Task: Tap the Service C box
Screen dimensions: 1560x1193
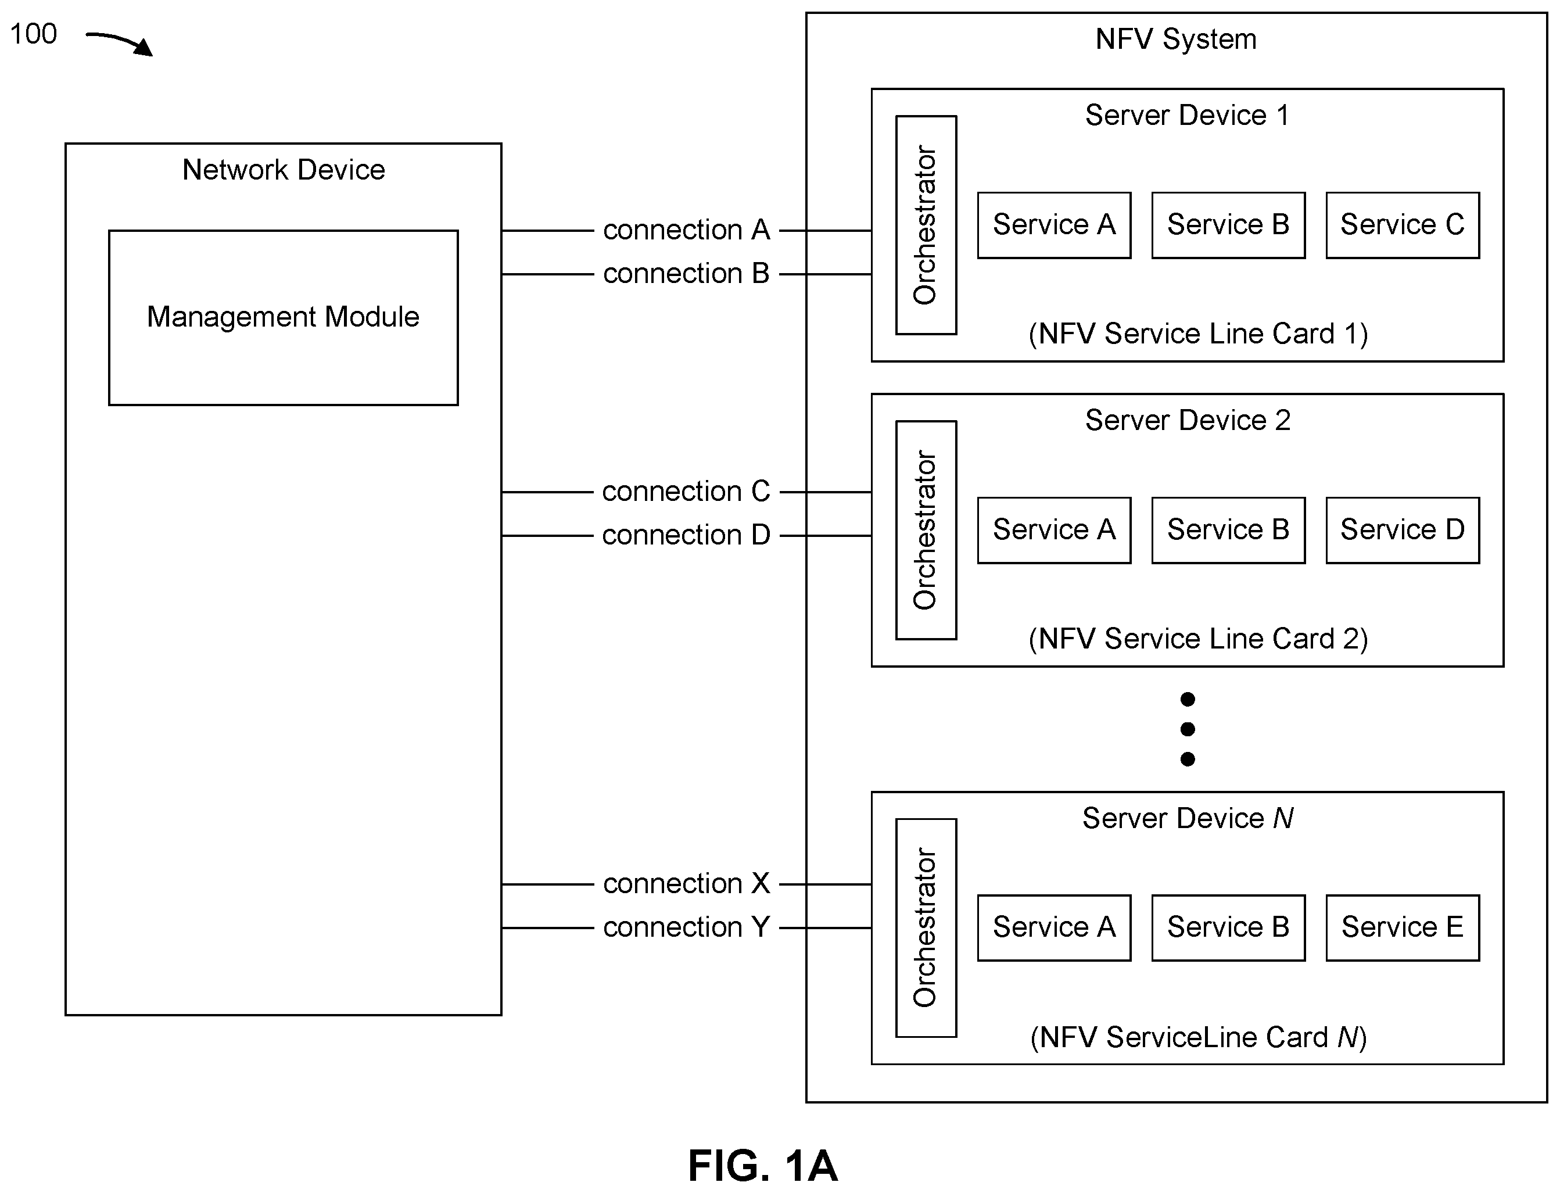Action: [x=1403, y=225]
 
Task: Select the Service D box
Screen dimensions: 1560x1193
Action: [x=1403, y=531]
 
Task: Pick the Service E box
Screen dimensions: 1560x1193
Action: [x=1403, y=927]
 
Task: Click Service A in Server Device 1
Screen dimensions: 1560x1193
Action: [x=1054, y=225]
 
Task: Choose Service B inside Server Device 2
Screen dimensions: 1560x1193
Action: [x=1228, y=531]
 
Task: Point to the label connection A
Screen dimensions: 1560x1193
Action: [x=687, y=230]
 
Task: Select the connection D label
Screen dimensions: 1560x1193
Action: [x=686, y=535]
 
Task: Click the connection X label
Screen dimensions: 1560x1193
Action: [x=687, y=883]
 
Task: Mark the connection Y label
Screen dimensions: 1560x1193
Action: [x=687, y=927]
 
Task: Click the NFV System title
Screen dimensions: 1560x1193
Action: [x=1176, y=40]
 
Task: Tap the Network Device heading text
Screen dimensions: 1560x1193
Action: [x=284, y=170]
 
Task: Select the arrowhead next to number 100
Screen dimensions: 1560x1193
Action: [x=144, y=48]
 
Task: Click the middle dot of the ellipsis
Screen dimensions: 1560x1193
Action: [x=1187, y=729]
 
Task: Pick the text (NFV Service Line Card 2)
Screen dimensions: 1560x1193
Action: [x=1198, y=639]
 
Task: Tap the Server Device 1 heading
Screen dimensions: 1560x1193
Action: [x=1187, y=115]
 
